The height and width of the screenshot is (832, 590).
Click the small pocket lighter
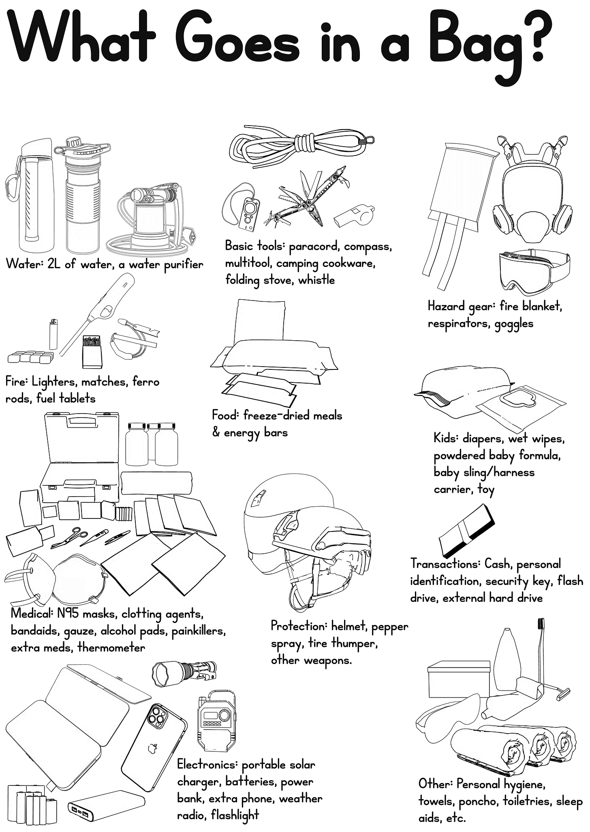pyautogui.click(x=53, y=334)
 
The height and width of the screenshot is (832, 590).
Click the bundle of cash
pyautogui.click(x=467, y=531)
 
